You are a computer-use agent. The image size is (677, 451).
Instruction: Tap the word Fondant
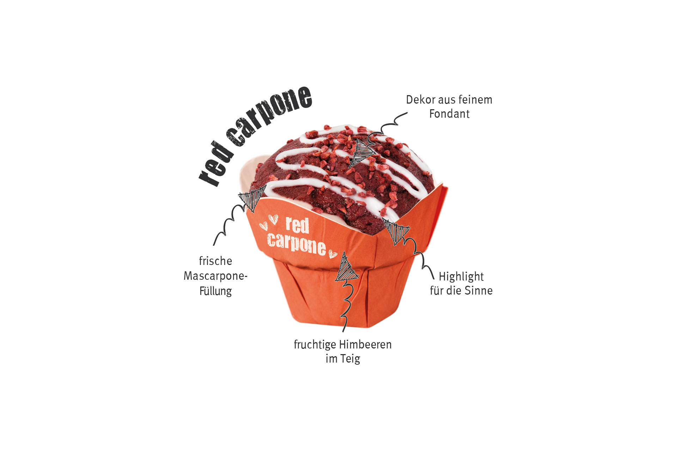tap(449, 114)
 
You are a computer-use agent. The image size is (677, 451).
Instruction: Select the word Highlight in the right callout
tap(461, 277)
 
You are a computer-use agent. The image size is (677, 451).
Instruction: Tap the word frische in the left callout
tap(215, 261)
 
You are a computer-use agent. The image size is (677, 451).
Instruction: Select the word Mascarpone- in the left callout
tap(215, 276)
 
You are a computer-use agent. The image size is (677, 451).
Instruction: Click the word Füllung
tap(215, 291)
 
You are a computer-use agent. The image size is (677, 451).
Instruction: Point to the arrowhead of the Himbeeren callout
tap(346, 268)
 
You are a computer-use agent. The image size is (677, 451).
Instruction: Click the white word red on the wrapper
tap(297, 225)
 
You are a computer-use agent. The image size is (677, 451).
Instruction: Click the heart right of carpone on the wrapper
tap(333, 254)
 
